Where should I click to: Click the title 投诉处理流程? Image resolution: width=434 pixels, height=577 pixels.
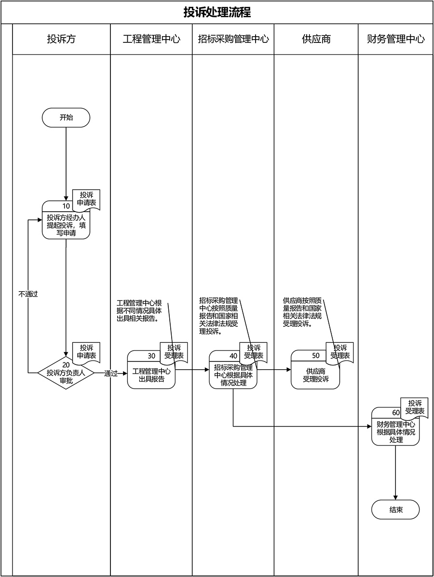(x=217, y=12)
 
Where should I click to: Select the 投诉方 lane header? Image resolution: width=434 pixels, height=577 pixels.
(x=61, y=39)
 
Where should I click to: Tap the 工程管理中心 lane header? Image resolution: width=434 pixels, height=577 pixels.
(x=151, y=39)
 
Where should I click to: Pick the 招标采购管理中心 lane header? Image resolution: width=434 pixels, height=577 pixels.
(x=233, y=39)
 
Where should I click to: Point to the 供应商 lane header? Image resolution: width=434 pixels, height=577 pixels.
(x=316, y=39)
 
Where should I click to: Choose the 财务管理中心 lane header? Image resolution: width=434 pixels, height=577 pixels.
(x=396, y=39)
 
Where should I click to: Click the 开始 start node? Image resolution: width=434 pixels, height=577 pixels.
(x=66, y=117)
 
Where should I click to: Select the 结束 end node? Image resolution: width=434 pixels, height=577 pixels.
(x=395, y=510)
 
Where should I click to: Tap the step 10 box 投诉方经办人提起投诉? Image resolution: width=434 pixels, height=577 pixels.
(x=66, y=225)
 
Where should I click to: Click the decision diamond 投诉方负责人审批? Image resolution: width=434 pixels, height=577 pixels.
(x=66, y=373)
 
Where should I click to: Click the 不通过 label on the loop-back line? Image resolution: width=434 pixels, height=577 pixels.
(x=28, y=294)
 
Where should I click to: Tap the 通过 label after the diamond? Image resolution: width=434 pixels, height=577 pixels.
(x=111, y=373)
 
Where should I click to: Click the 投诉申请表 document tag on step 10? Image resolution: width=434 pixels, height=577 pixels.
(x=87, y=199)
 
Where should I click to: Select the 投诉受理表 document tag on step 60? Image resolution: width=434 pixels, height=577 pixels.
(x=415, y=407)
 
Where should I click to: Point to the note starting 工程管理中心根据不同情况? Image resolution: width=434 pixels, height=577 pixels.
(x=138, y=311)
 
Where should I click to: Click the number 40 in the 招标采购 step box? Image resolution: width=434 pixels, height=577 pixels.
(x=233, y=356)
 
